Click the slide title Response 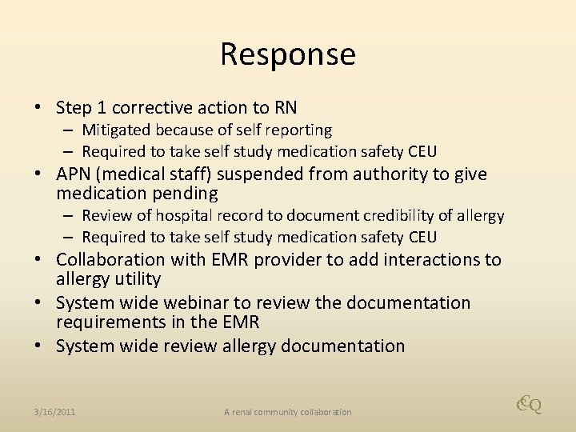click(x=288, y=54)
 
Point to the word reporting click(x=300, y=130)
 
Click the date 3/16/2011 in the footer click(x=55, y=412)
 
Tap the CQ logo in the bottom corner click(x=529, y=406)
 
